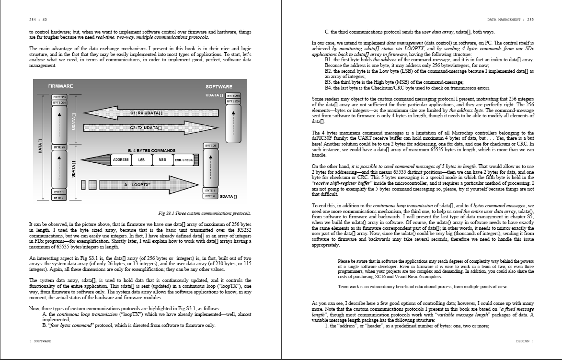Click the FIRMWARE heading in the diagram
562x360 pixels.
[60, 86]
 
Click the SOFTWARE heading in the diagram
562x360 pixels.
[219, 87]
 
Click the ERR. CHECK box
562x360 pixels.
[183, 160]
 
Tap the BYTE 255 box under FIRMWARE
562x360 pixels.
[59, 97]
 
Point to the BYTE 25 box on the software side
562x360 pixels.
[211, 145]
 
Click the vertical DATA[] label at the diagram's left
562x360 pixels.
[40, 146]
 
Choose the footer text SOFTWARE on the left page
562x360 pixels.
[41, 341]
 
